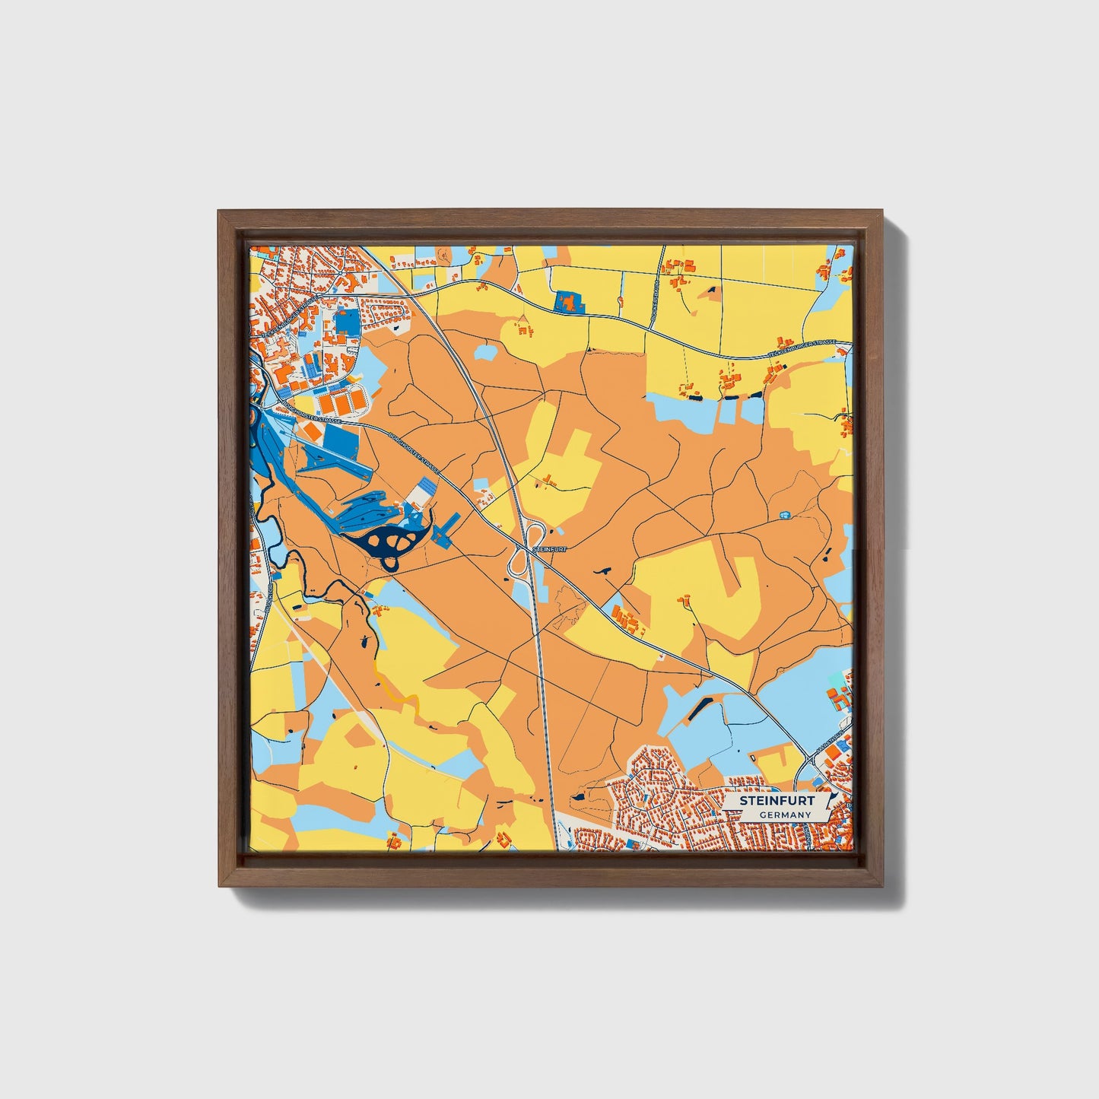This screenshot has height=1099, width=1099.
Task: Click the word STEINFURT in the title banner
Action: (768, 801)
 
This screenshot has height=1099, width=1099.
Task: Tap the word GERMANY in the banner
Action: (785, 815)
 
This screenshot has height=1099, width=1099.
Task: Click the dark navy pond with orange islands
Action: (392, 542)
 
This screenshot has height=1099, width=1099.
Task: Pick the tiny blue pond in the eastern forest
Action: (785, 515)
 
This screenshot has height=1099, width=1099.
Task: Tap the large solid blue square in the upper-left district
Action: (347, 322)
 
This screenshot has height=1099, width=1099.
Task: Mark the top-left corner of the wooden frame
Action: (221, 214)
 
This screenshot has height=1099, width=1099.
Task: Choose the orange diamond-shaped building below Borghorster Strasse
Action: (312, 432)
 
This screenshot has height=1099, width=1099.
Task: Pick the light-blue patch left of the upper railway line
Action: (487, 353)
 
